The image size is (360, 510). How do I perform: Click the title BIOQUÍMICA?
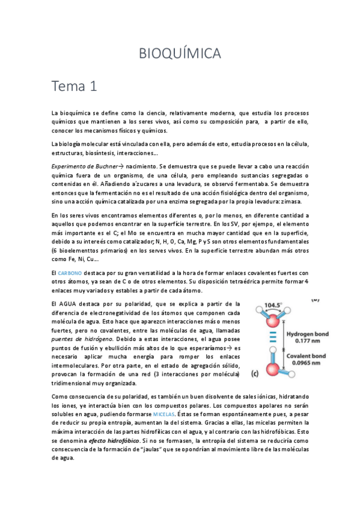(180, 54)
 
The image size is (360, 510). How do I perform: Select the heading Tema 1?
(75, 86)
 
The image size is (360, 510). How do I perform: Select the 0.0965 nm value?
(301, 363)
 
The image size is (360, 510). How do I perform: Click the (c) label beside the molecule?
(255, 373)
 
